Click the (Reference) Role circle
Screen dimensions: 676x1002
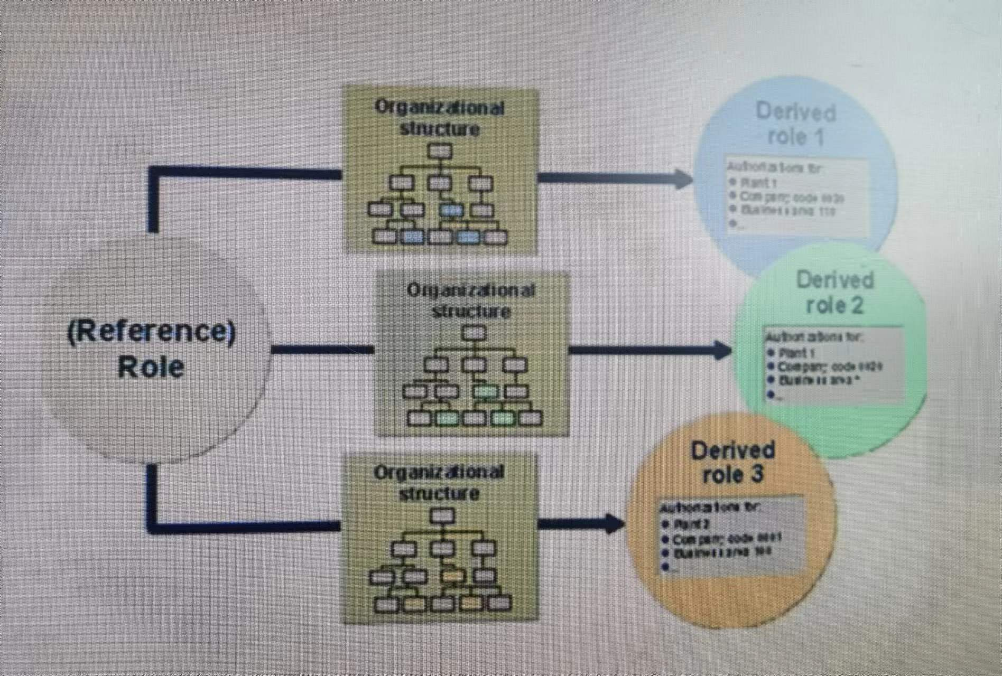(x=153, y=349)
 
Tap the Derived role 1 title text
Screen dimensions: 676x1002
(x=795, y=124)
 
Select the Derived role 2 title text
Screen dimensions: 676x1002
(x=835, y=292)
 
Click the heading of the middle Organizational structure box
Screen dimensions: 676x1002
(x=471, y=301)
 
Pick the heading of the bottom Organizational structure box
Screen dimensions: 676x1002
(x=439, y=483)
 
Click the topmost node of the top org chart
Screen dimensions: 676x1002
(x=440, y=152)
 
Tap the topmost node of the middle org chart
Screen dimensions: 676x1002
(x=474, y=333)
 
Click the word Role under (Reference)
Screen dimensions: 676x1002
(x=151, y=367)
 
